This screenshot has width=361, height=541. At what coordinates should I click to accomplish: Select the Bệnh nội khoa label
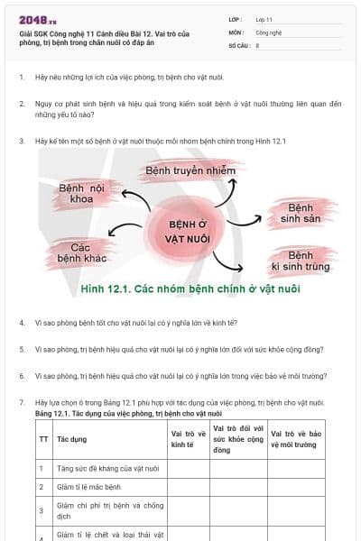82,194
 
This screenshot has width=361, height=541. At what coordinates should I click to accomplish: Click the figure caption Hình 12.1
189,289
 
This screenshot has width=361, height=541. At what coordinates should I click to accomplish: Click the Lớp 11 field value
264,18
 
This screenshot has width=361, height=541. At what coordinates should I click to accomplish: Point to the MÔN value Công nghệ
269,32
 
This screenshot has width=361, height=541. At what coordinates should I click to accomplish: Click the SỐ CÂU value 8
258,44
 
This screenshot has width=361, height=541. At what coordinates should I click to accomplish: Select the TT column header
43,439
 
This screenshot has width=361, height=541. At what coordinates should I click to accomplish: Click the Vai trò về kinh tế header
184,439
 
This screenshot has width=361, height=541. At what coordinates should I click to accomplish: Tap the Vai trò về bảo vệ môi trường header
295,439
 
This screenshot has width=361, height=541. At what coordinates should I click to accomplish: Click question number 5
21,349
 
